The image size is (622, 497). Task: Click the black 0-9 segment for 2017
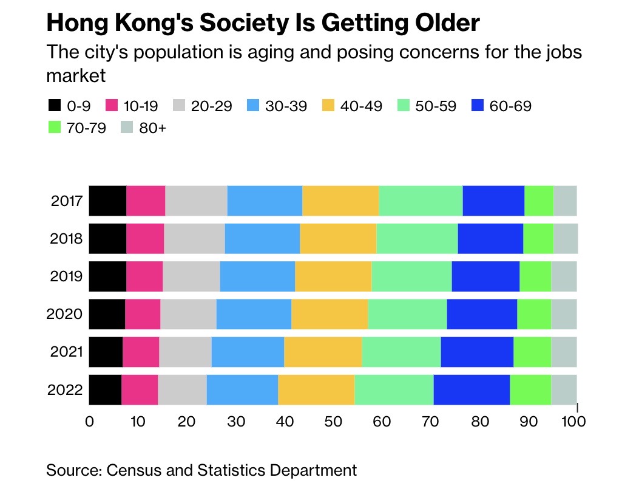[107, 201]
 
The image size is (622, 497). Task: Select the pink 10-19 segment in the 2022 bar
[140, 389]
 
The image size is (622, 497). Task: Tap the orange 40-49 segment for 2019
[333, 276]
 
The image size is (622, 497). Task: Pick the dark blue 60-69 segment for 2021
[477, 352]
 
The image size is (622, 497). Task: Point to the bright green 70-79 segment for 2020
[534, 314]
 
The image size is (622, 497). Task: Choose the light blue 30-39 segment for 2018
[262, 239]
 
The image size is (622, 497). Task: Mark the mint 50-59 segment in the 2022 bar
[394, 389]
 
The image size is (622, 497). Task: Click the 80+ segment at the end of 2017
[565, 201]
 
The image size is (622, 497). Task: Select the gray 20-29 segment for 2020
[188, 314]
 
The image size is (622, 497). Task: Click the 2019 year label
[67, 276]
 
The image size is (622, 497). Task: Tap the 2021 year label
[67, 352]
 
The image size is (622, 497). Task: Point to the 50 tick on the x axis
[333, 421]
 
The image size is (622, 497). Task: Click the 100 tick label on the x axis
[573, 421]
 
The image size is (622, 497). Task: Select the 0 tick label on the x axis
[90, 421]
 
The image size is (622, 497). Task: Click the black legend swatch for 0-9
[54, 106]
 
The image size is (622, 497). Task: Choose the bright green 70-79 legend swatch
[54, 128]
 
